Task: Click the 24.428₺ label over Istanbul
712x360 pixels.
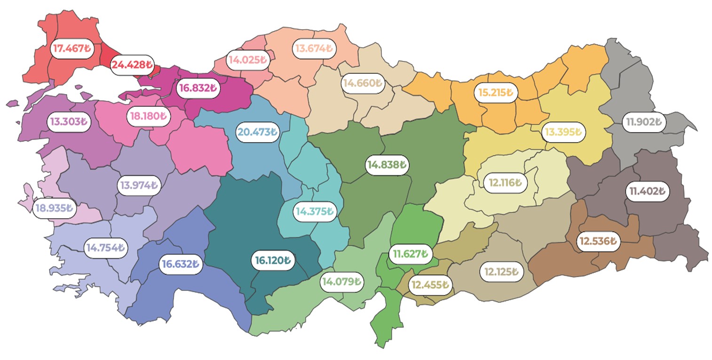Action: [132, 64]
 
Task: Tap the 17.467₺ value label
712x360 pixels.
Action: [71, 48]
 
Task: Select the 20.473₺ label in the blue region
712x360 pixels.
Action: [257, 132]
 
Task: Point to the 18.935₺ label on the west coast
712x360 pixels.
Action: [55, 208]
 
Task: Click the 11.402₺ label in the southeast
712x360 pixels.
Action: [647, 192]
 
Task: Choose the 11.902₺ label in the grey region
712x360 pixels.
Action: [643, 121]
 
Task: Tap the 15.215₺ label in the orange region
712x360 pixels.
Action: [496, 92]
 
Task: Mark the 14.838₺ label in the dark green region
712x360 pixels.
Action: [387, 165]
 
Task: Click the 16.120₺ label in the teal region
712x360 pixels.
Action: [273, 260]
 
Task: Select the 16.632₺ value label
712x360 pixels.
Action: [181, 264]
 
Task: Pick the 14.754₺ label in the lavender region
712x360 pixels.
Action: [106, 247]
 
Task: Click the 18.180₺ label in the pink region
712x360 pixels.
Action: [148, 115]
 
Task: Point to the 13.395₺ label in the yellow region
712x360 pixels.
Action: [563, 132]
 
